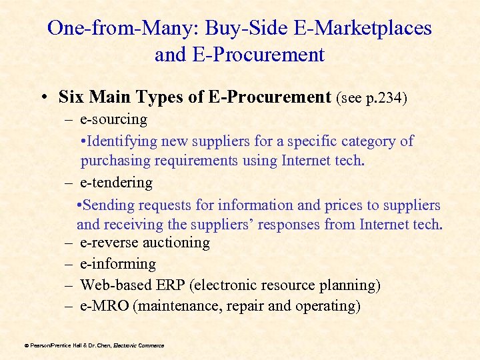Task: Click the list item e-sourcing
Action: click(113, 119)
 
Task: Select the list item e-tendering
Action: click(116, 182)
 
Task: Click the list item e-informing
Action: click(118, 264)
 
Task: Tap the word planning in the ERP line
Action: click(352, 285)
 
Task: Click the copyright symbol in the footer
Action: click(26, 345)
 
